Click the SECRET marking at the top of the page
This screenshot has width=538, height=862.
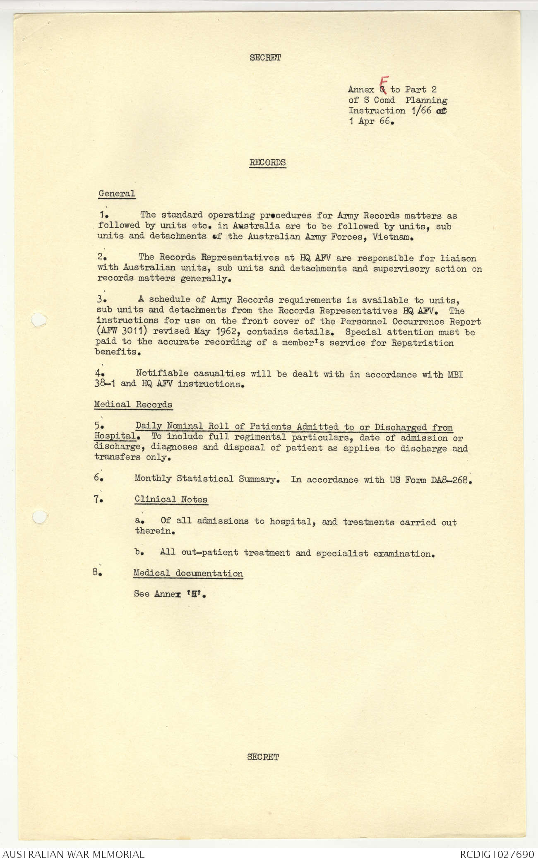[265, 58]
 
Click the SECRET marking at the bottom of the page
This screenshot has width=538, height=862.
[263, 757]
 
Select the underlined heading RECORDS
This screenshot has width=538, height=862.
[267, 162]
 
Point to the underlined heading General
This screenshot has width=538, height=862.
[117, 193]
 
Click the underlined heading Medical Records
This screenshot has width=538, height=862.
[133, 404]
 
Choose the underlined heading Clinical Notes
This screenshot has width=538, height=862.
[171, 499]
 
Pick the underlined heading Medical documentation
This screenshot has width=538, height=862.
[188, 573]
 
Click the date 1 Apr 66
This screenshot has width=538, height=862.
[370, 122]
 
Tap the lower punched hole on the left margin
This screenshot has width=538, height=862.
[38, 517]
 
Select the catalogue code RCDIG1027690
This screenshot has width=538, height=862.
[497, 854]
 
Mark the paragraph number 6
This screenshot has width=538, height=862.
[98, 477]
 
